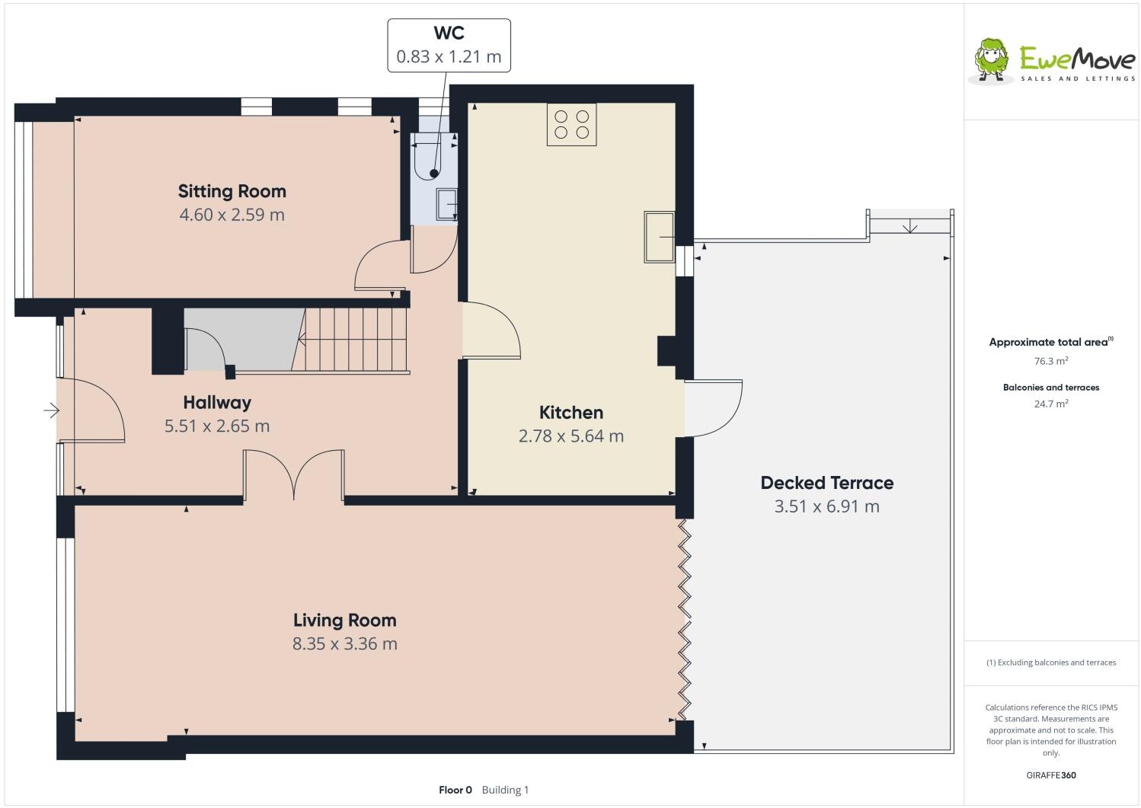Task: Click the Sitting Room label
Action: tap(232, 190)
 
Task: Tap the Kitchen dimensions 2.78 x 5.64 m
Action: tap(570, 436)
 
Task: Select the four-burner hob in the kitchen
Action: tap(571, 125)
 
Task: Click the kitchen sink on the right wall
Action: tap(660, 237)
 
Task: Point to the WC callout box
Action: tap(449, 46)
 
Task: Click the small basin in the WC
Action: tap(446, 204)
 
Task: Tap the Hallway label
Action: tap(216, 402)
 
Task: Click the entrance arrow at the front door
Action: tap(51, 411)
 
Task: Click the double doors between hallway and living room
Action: tap(293, 476)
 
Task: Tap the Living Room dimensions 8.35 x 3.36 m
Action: tap(344, 644)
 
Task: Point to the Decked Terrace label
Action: tap(826, 483)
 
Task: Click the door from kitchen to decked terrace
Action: tap(714, 408)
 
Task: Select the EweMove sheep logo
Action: tap(992, 59)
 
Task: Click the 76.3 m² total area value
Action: tap(1050, 362)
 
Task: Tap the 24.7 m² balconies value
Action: tap(1050, 404)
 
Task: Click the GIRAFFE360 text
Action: tap(1051, 775)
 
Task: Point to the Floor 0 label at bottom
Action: tap(455, 790)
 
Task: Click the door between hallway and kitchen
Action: tap(491, 330)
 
